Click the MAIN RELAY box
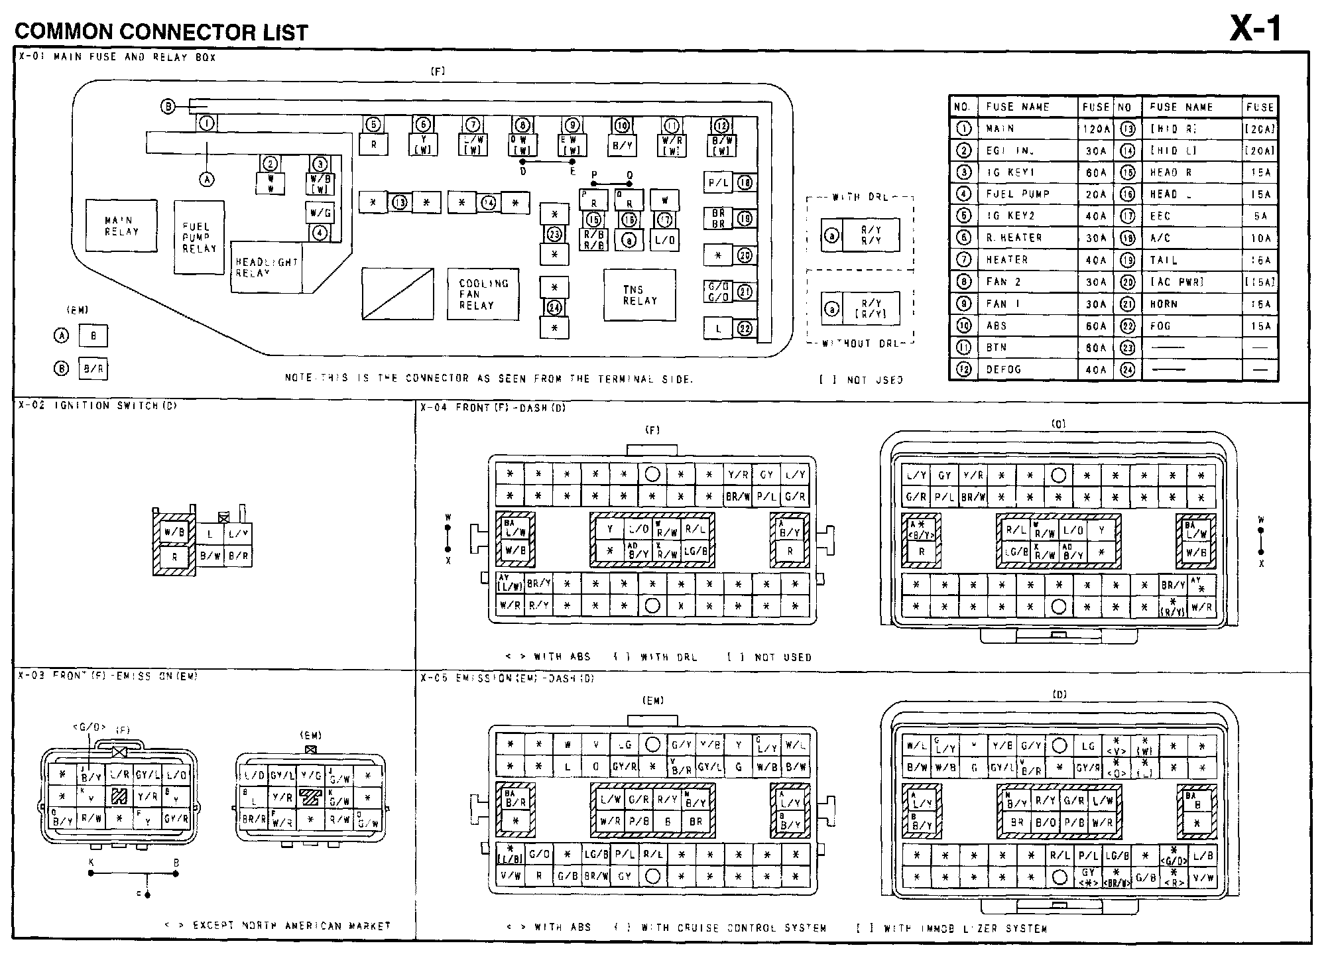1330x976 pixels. [121, 226]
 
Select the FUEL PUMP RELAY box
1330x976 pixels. [199, 237]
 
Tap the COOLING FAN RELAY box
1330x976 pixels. [483, 294]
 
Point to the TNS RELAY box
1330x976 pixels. [639, 295]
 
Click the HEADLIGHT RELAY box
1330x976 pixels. [266, 267]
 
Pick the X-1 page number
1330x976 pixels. [1255, 29]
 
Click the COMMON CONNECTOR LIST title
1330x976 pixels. [161, 32]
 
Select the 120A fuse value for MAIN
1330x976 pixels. [1095, 129]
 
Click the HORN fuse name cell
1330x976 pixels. [1164, 304]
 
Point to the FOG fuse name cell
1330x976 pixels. [1160, 326]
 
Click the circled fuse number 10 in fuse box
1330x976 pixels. [621, 125]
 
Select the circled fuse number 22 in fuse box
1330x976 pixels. [745, 329]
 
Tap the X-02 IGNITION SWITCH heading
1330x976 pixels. [97, 406]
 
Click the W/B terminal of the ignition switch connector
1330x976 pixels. [174, 532]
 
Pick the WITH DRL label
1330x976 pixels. [860, 197]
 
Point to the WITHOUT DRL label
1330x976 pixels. [861, 343]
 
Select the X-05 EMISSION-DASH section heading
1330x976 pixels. [507, 678]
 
